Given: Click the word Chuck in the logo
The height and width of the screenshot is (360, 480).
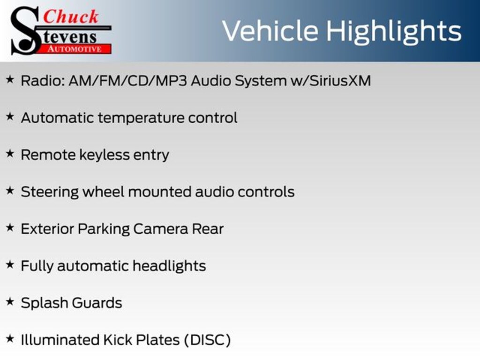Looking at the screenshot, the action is point(71,16).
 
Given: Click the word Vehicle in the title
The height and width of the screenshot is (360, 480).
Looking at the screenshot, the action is point(270,30).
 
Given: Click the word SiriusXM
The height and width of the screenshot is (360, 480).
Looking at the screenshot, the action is point(340,81).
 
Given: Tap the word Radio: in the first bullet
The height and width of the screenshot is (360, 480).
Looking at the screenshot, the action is point(43,81).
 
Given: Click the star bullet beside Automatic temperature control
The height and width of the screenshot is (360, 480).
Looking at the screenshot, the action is point(10,117).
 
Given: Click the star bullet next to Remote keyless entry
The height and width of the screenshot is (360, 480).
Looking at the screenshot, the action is point(10,154).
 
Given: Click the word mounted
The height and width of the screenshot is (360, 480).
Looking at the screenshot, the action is point(160,192).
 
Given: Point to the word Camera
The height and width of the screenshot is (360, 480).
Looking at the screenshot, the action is point(161,229).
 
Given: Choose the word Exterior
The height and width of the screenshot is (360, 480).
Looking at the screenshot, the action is point(47,229).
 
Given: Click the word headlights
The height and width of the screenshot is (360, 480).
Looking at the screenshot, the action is point(169,266).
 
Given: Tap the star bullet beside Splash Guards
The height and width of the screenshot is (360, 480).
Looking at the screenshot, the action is point(10,302).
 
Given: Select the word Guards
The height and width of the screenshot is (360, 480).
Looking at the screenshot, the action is point(97,303).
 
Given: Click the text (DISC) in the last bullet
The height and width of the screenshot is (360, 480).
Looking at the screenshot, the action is point(207,340).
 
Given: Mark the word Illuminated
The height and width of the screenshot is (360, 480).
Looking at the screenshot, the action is point(60,340).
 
